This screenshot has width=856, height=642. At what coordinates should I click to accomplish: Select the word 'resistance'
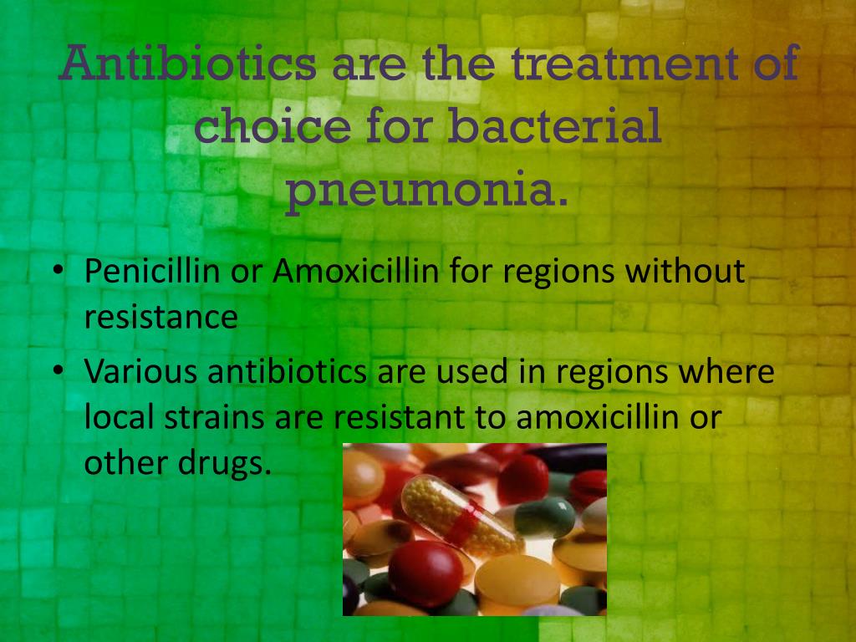coord(161,317)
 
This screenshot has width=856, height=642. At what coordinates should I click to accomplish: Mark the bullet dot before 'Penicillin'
coord(59,270)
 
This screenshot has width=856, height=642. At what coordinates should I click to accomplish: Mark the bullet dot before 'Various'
coord(59,370)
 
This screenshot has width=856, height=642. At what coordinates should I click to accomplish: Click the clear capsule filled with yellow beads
coord(461,514)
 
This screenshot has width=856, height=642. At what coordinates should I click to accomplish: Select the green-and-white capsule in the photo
coord(538,517)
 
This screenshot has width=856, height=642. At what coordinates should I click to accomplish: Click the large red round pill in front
coord(425,573)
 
